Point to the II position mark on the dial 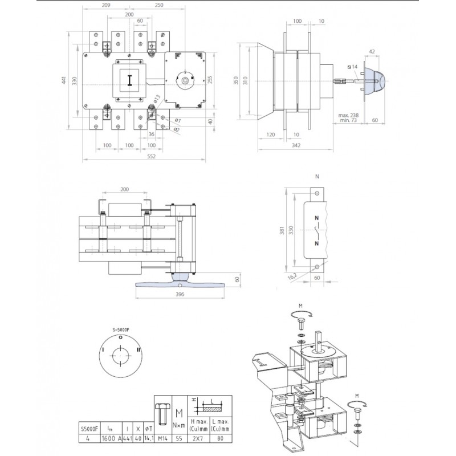click(137, 349)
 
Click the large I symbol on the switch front click(130, 80)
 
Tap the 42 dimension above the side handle click(371, 52)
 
